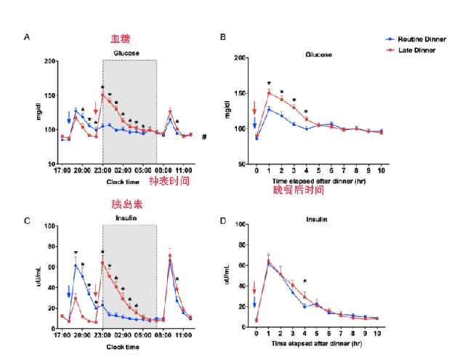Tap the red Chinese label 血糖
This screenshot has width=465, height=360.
121,39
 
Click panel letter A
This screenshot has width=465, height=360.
27,36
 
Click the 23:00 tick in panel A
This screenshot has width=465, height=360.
102,172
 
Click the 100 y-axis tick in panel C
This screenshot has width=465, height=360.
49,225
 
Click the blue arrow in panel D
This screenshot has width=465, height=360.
254,302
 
